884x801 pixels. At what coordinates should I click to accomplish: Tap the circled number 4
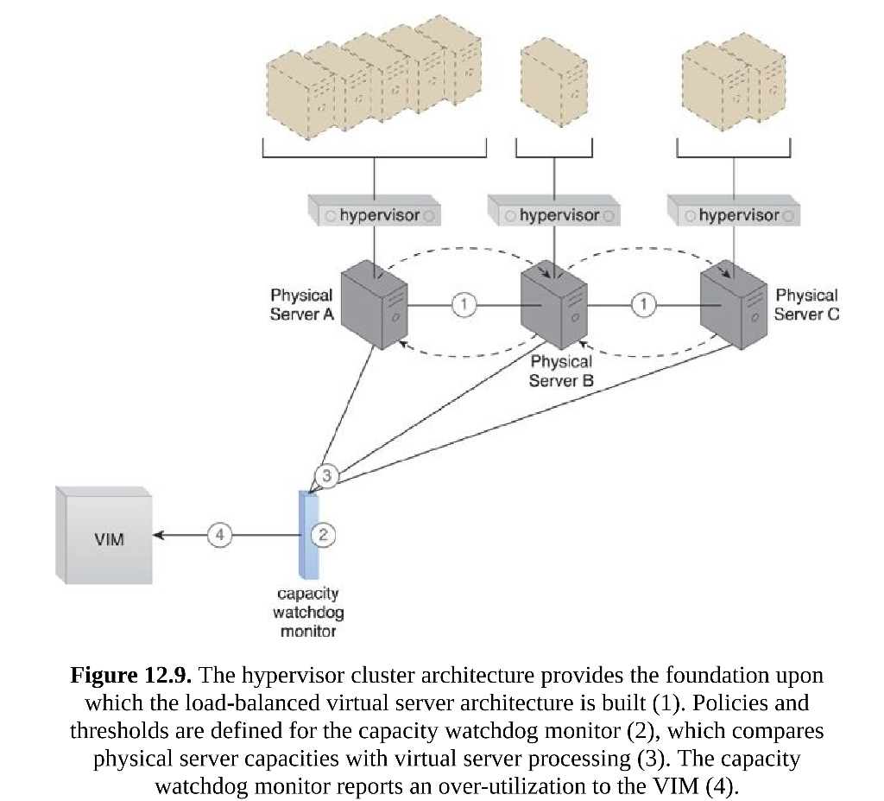pos(219,536)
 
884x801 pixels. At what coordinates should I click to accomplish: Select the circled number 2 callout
pos(323,536)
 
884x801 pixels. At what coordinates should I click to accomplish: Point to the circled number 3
pos(326,475)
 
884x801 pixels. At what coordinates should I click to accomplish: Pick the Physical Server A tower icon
pos(373,307)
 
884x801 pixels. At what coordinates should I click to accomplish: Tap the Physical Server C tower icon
pos(733,306)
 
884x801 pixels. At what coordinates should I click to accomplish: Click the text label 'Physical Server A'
pos(301,305)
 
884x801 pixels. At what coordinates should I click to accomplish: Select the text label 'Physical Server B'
pos(561,371)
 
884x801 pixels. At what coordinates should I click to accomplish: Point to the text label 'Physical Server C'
pos(805,305)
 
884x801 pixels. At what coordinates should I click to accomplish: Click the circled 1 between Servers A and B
pos(464,304)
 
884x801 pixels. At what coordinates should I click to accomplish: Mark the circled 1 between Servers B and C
pos(643,304)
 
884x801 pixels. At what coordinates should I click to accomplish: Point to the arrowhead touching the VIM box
pos(159,536)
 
